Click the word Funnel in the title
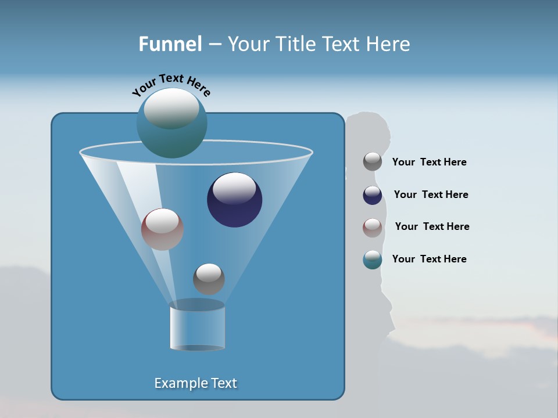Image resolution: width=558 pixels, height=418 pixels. (x=170, y=44)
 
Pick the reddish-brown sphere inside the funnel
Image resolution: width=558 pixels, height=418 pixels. (x=162, y=230)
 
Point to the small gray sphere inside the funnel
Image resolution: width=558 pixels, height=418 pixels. (x=209, y=279)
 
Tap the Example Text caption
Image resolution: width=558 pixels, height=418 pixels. (x=196, y=383)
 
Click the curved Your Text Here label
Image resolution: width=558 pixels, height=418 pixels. (x=171, y=84)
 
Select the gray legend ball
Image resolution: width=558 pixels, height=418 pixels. (x=373, y=162)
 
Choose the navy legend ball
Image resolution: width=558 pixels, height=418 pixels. (x=373, y=195)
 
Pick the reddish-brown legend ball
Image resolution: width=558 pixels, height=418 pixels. (x=373, y=227)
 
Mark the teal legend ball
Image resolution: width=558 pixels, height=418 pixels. (x=373, y=260)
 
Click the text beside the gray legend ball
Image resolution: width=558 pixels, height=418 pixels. (x=429, y=163)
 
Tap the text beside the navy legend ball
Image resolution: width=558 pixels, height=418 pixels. (x=431, y=195)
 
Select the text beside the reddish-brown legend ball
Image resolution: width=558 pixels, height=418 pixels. (x=432, y=227)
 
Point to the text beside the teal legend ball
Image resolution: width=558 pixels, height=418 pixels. (x=429, y=260)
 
